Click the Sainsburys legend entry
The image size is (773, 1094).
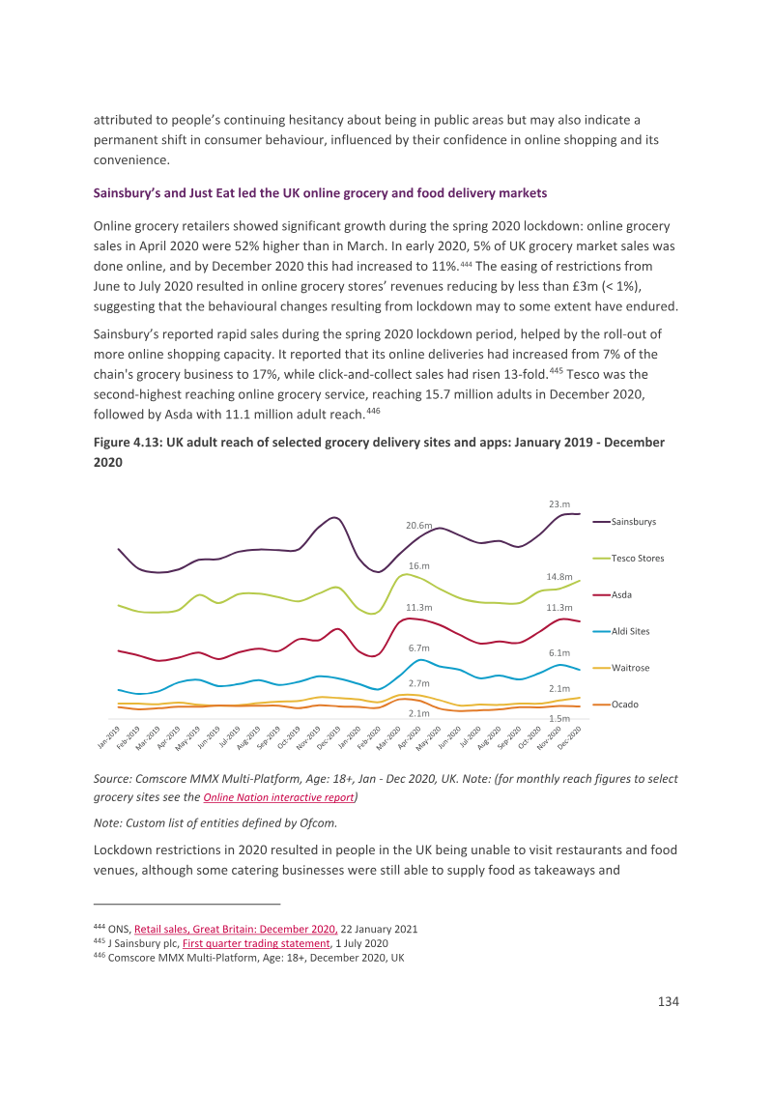coord(624,522)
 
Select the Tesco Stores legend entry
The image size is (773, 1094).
coord(628,559)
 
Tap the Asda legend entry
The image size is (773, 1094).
coord(612,595)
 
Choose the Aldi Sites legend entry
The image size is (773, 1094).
coord(621,631)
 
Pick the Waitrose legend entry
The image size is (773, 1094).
coord(621,668)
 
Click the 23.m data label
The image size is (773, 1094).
coord(558,504)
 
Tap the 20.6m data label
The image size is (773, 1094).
coord(419,526)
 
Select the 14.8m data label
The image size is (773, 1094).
coord(558,577)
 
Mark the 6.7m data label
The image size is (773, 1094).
coord(418,648)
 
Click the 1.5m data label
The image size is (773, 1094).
coord(558,719)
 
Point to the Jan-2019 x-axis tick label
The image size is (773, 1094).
coord(108,737)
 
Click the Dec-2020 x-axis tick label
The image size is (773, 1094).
coord(569,737)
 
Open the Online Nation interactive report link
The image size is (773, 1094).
coord(278,797)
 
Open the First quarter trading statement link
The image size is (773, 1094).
coord(256,943)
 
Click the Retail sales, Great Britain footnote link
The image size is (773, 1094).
coord(236,930)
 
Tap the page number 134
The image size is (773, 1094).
coord(669,1001)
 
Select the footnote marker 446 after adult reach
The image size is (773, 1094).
coord(373,411)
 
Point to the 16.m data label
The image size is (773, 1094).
coord(418,565)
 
